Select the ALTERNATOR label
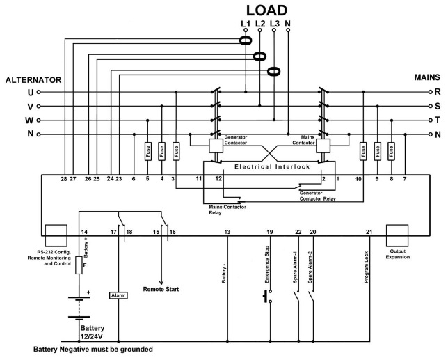click(34, 80)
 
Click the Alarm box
click(118, 295)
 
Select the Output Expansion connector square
click(397, 232)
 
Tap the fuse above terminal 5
click(147, 150)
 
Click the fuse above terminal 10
click(363, 150)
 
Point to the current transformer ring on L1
click(246, 42)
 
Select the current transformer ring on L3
click(274, 71)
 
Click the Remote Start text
click(162, 288)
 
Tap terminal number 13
click(227, 230)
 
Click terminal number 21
click(369, 230)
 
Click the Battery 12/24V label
click(96, 333)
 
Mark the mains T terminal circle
click(431, 120)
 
